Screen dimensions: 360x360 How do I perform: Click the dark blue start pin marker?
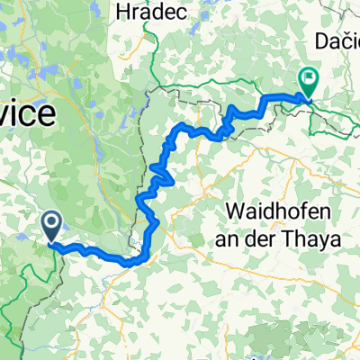pos(50,225)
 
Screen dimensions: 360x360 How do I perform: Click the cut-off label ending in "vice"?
pos(26,114)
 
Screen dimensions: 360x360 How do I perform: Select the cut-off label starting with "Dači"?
pos(337,40)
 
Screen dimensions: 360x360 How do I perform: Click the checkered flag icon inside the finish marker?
pos(308,79)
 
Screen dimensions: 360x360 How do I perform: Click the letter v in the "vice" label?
pos(7,114)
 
